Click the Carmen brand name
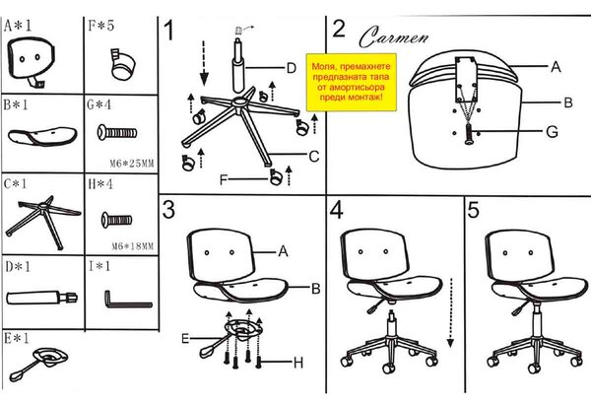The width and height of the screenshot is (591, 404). tap(393, 36)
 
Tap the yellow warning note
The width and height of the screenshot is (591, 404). tap(352, 82)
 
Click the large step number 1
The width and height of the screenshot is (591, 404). tap(169, 31)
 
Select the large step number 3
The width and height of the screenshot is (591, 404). tap(168, 209)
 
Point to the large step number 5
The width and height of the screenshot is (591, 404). tap(474, 209)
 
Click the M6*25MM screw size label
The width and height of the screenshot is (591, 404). tap(132, 164)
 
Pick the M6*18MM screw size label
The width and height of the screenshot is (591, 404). tap(133, 246)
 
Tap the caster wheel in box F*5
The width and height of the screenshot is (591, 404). tap(123, 64)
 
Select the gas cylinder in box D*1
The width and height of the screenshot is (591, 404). tap(41, 298)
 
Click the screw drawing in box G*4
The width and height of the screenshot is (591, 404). tap(117, 132)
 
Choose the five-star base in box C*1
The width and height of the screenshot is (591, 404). tap(43, 222)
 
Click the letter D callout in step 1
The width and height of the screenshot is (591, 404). tap(291, 68)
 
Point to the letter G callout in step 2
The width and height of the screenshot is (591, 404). tap(552, 132)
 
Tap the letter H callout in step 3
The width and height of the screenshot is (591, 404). tap(298, 363)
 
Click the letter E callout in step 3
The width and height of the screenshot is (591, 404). tap(185, 338)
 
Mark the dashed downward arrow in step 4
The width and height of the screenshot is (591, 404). tap(450, 312)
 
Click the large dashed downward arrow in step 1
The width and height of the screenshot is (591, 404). tap(204, 63)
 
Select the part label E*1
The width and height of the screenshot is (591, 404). tap(17, 338)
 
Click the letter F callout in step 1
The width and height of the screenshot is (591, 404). tap(224, 180)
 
